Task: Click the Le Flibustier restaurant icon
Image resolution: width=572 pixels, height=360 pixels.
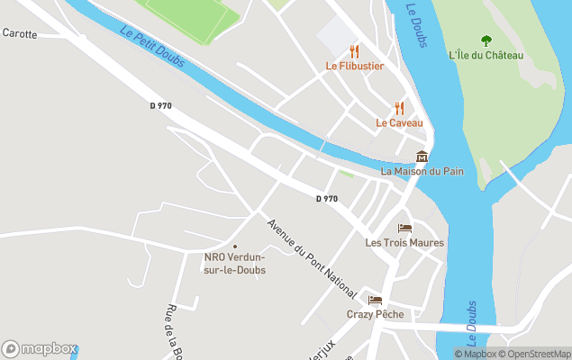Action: pos(354,51)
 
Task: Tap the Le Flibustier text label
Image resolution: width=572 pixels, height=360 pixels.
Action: pos(355,66)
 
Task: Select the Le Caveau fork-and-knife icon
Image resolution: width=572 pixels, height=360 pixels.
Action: pos(399,108)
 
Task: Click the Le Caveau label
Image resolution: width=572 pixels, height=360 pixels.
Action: pos(399,122)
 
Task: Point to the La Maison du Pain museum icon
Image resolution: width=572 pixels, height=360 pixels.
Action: pos(422,156)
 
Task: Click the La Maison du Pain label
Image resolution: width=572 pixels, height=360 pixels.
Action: pos(422,170)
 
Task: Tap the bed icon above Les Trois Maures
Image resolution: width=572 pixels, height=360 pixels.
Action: pos(404,228)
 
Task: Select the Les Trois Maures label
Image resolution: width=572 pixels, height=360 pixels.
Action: pos(404,242)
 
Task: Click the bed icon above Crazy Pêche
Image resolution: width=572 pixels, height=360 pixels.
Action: pos(375,300)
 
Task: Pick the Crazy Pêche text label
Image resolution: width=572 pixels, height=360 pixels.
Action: pos(375,314)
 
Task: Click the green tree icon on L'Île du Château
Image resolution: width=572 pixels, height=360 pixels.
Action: pos(486,40)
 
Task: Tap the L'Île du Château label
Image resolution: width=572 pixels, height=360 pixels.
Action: pos(486,55)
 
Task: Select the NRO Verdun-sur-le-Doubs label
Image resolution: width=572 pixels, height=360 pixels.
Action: pos(234,263)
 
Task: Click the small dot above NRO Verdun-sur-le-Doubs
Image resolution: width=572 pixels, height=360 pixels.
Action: pos(234,246)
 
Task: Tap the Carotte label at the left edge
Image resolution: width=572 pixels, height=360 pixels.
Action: pos(20,33)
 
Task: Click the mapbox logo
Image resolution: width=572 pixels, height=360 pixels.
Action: pos(40,348)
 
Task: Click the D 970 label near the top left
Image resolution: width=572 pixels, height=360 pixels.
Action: pos(160,106)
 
